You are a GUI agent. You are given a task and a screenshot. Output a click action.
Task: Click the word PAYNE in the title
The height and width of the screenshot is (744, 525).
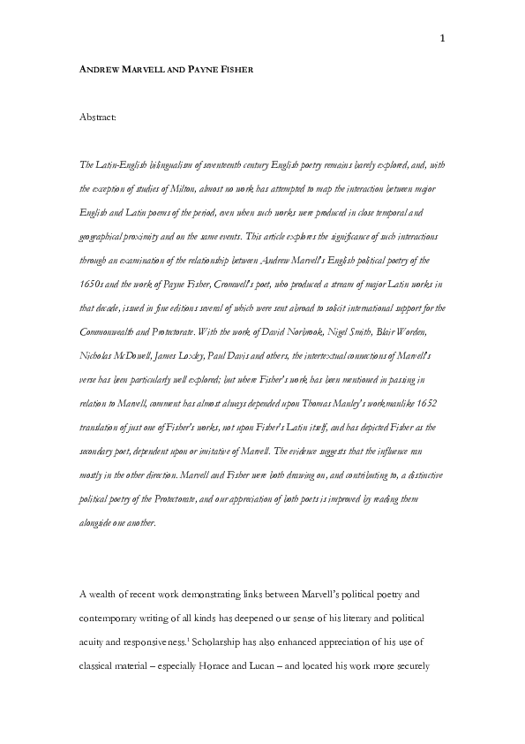(205, 69)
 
